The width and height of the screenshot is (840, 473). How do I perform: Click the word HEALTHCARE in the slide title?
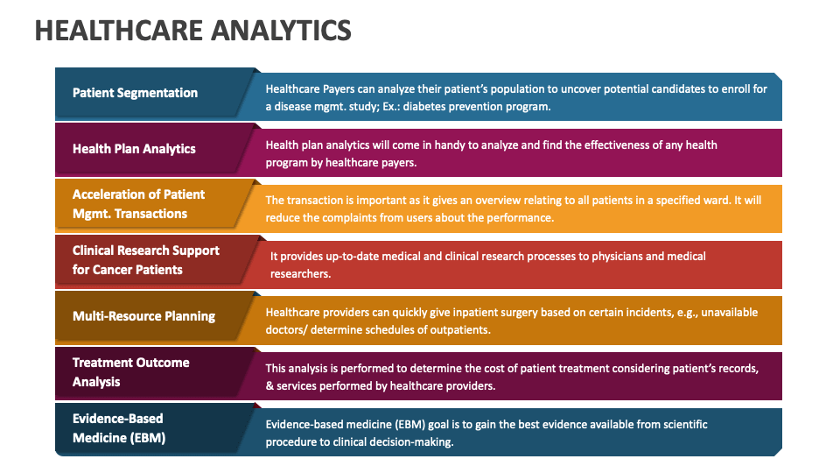[119, 31]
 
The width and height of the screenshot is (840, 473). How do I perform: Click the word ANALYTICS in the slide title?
[281, 31]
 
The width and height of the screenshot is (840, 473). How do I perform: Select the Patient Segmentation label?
[135, 93]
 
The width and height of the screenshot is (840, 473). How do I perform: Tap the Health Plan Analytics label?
[134, 149]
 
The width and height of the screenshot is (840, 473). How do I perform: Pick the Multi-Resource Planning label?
[143, 316]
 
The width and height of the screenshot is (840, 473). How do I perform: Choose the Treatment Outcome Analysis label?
[130, 372]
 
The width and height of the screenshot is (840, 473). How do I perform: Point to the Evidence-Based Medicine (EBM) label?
[119, 428]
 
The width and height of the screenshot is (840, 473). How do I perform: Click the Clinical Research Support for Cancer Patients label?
[146, 260]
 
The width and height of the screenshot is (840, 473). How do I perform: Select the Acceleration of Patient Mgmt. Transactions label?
[138, 204]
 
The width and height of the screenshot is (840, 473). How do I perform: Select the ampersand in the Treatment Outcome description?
[269, 386]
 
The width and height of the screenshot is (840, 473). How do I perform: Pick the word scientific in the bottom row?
[685, 424]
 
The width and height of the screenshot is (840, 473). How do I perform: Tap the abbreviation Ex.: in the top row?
[391, 106]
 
